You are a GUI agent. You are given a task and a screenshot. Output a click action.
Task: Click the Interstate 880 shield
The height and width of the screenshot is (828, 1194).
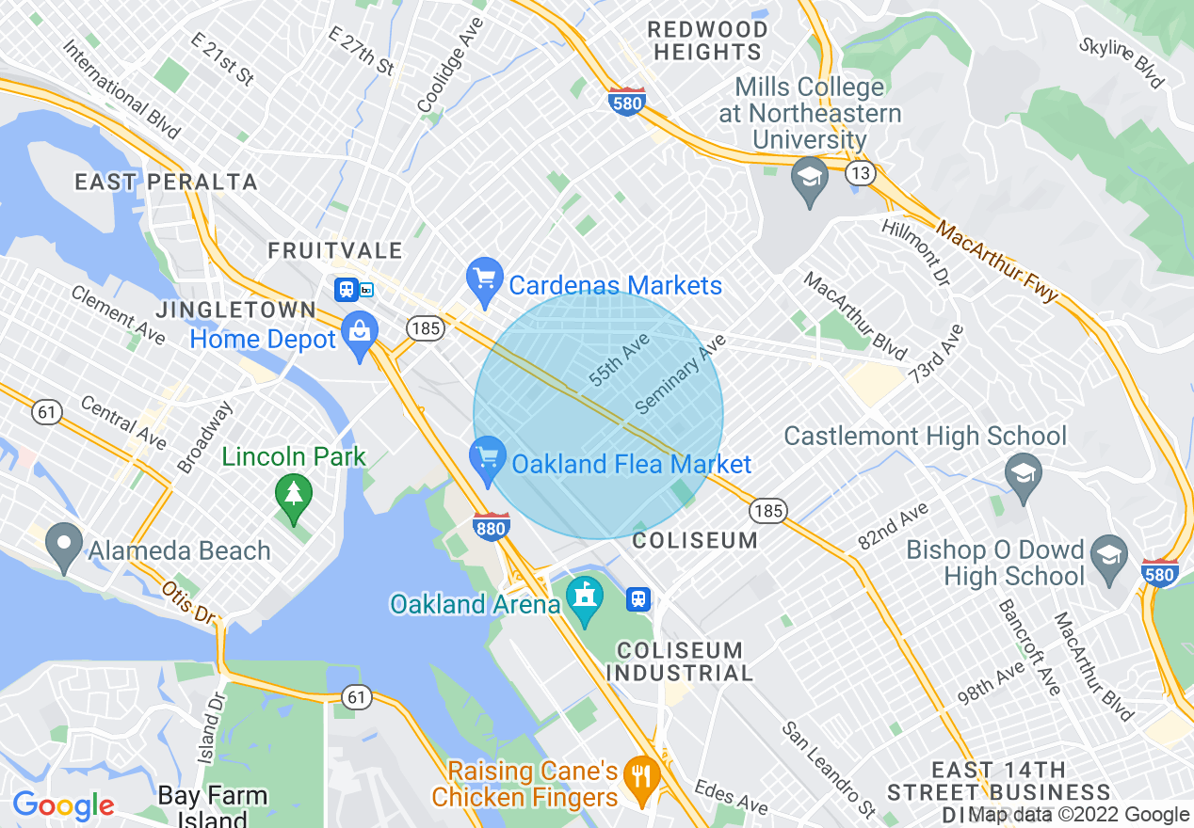(x=492, y=527)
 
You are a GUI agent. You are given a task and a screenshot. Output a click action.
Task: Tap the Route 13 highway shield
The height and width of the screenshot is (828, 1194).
(x=859, y=172)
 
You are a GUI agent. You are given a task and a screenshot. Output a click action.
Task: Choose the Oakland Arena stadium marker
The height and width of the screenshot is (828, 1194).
(x=585, y=599)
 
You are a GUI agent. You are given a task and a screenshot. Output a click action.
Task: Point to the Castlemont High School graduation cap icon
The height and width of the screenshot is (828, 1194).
(x=1022, y=472)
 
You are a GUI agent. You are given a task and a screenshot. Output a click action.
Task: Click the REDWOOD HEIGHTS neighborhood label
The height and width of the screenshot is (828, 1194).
(x=708, y=41)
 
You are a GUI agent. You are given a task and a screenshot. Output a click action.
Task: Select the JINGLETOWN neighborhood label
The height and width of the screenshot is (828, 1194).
(x=236, y=310)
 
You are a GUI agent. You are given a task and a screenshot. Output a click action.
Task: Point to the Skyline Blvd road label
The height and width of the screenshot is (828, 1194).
(x=1121, y=63)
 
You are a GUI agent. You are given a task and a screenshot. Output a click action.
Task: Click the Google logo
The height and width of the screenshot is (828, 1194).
(x=62, y=805)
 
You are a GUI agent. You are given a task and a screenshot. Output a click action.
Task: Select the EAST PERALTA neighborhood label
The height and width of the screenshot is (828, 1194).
(x=166, y=183)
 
